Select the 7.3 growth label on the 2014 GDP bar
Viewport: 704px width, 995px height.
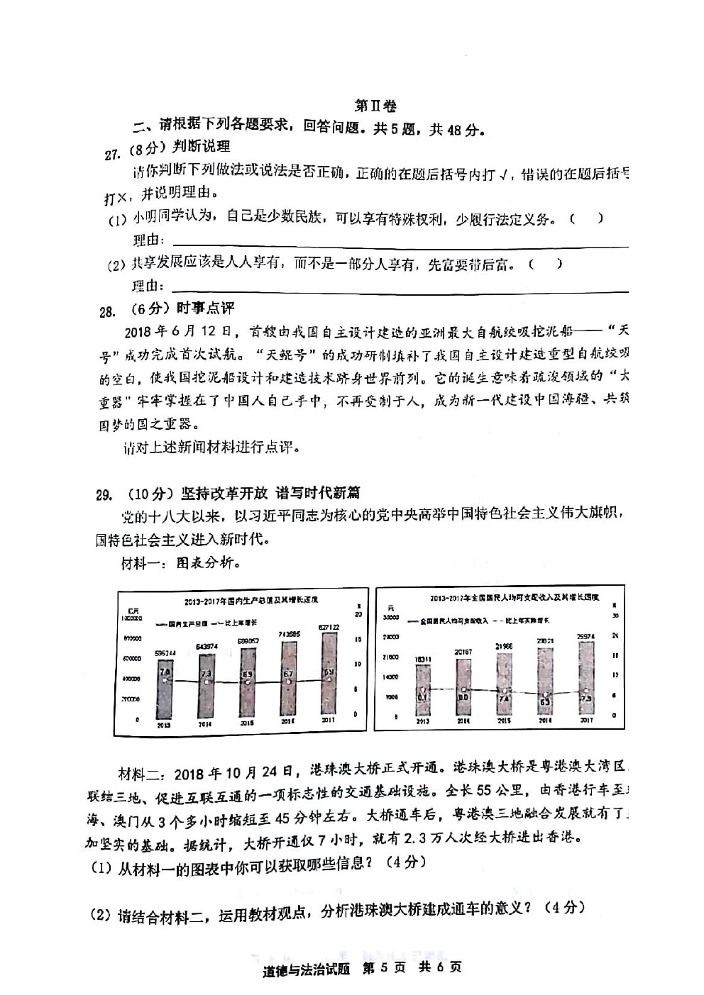click(206, 673)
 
